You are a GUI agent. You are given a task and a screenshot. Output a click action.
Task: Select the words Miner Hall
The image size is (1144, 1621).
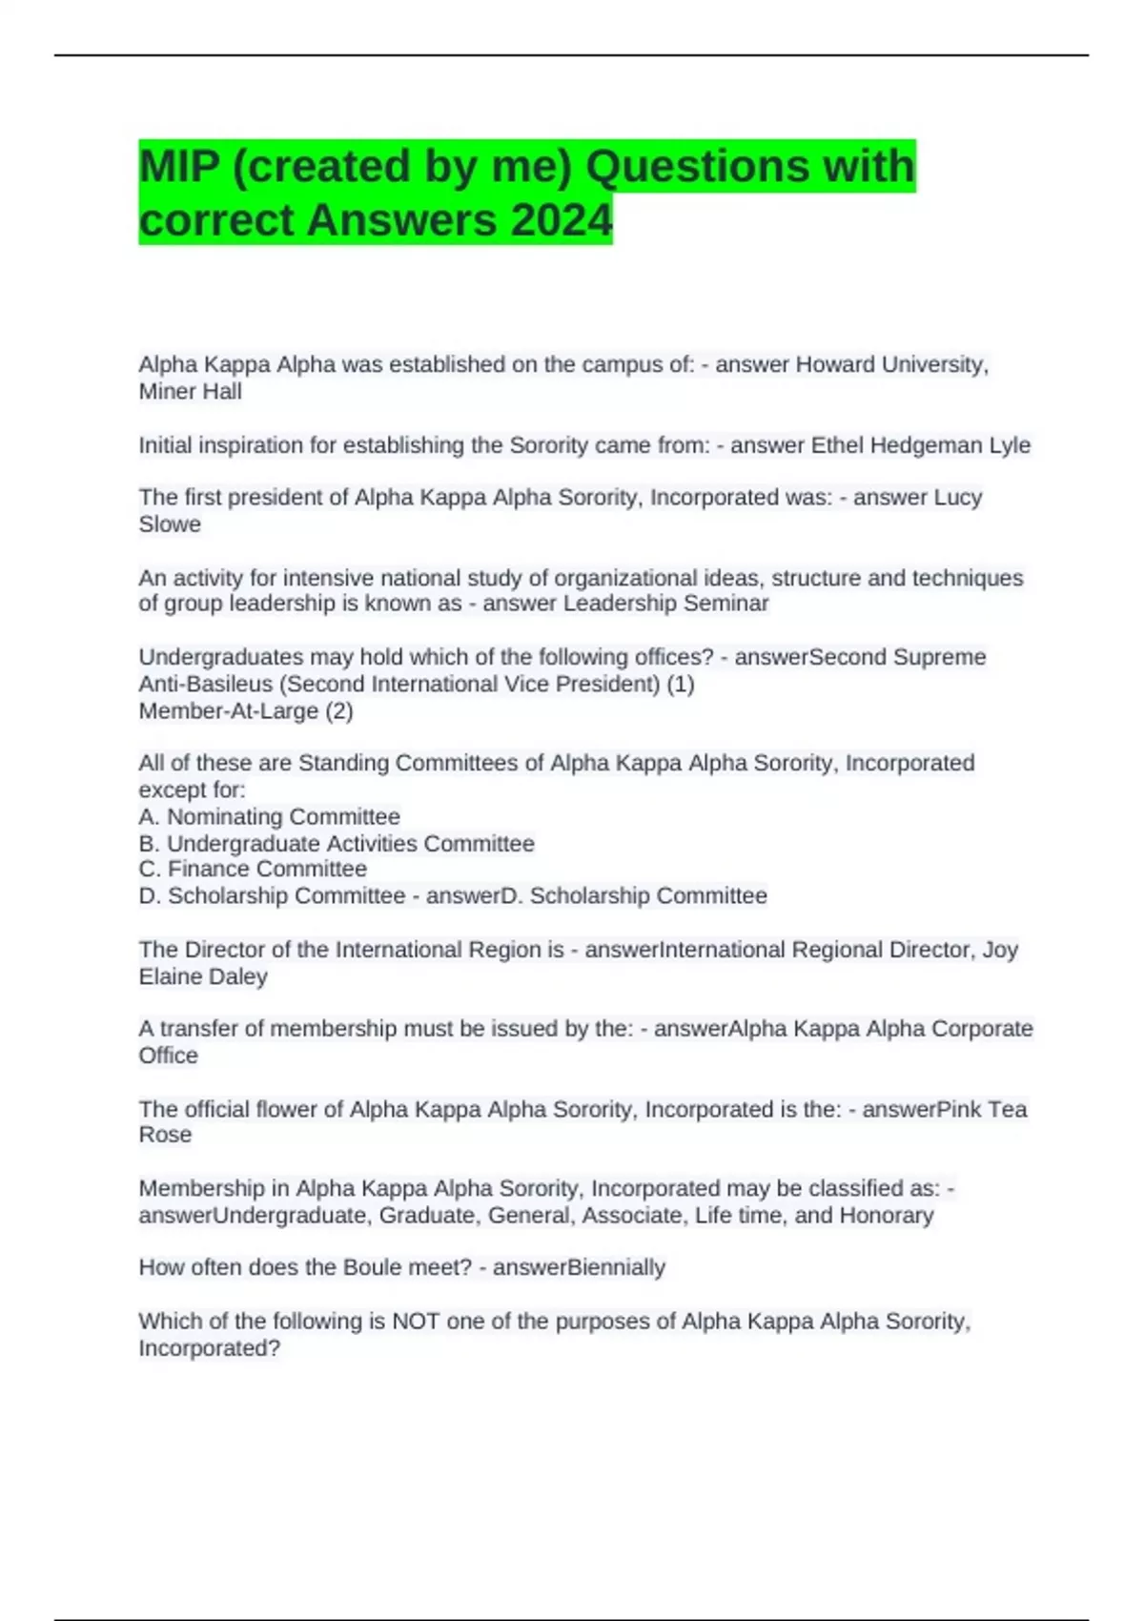(190, 391)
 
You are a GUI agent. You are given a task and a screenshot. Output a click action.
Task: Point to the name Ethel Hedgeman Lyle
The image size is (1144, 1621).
(920, 445)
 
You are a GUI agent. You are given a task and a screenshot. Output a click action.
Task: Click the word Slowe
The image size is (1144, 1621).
(170, 523)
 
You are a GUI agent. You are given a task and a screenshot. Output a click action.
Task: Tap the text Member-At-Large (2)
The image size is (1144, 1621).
(246, 710)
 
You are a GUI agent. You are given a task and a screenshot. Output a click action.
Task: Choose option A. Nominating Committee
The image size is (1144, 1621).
(269, 816)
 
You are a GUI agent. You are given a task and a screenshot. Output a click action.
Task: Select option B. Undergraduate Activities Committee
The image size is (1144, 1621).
(337, 843)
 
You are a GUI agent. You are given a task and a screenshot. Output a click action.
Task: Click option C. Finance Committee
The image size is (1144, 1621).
(253, 869)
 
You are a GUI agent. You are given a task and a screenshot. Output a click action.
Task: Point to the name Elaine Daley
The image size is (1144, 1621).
(203, 976)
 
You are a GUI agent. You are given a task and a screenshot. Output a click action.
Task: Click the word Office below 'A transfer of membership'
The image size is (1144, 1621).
(168, 1056)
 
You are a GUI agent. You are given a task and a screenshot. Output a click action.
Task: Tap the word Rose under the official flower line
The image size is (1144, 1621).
(165, 1135)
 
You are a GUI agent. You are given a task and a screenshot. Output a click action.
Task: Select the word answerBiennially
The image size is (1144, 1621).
(579, 1267)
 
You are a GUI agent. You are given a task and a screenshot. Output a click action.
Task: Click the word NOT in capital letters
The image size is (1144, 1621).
(416, 1321)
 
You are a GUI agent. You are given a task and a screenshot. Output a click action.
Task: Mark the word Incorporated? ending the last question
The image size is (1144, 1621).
(209, 1348)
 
